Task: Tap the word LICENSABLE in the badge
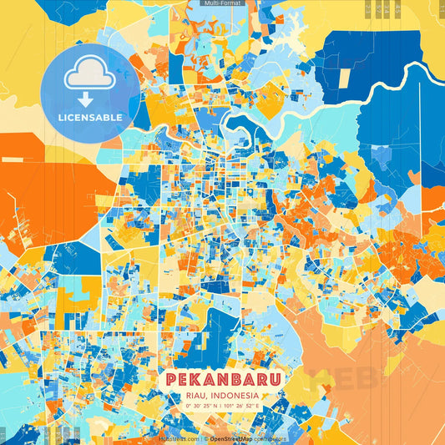[90, 118]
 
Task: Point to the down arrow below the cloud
[86, 100]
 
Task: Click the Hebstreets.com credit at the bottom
[179, 437]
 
